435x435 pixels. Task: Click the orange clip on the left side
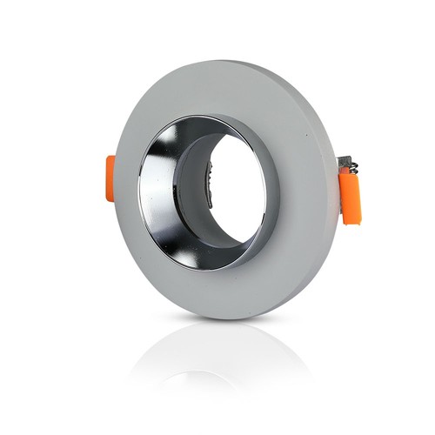point(110,177)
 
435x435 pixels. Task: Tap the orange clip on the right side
point(351,198)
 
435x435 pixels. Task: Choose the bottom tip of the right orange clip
point(351,223)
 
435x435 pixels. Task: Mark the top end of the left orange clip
point(110,157)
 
